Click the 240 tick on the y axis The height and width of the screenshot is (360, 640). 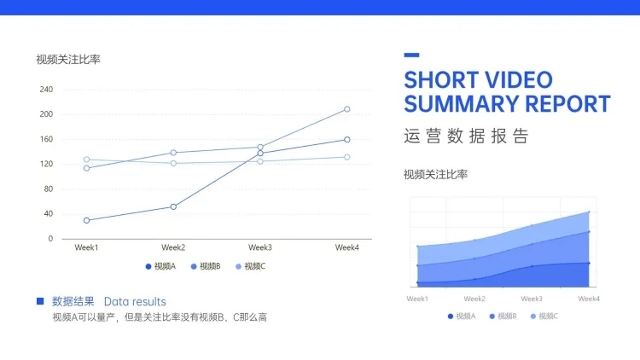coord(46,90)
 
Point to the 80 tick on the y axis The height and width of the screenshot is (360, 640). coord(48,189)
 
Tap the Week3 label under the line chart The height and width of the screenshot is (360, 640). coord(260,247)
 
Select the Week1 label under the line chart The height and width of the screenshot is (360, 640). coord(86,247)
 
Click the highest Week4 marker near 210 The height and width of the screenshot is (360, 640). coord(347,109)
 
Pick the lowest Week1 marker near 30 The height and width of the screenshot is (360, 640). coord(86,220)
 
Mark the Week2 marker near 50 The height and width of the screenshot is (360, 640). coord(173,207)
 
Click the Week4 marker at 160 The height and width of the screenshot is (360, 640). coord(347,140)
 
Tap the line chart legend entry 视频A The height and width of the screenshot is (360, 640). coord(160,266)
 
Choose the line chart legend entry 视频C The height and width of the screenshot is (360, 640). coord(251,266)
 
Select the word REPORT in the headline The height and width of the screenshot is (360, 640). coord(567,104)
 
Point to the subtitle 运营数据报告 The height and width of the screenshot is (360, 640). coord(466,136)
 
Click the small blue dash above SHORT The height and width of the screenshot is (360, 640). coord(411,55)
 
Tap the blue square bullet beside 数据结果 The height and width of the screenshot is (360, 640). coord(40,301)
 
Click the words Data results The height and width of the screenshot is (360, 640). coord(135,302)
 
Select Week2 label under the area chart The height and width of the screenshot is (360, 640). coord(474,299)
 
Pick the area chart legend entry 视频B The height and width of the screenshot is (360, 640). coord(503,316)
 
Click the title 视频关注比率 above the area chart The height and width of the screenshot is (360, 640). coord(435,175)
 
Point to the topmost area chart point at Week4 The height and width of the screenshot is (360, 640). coord(589,212)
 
